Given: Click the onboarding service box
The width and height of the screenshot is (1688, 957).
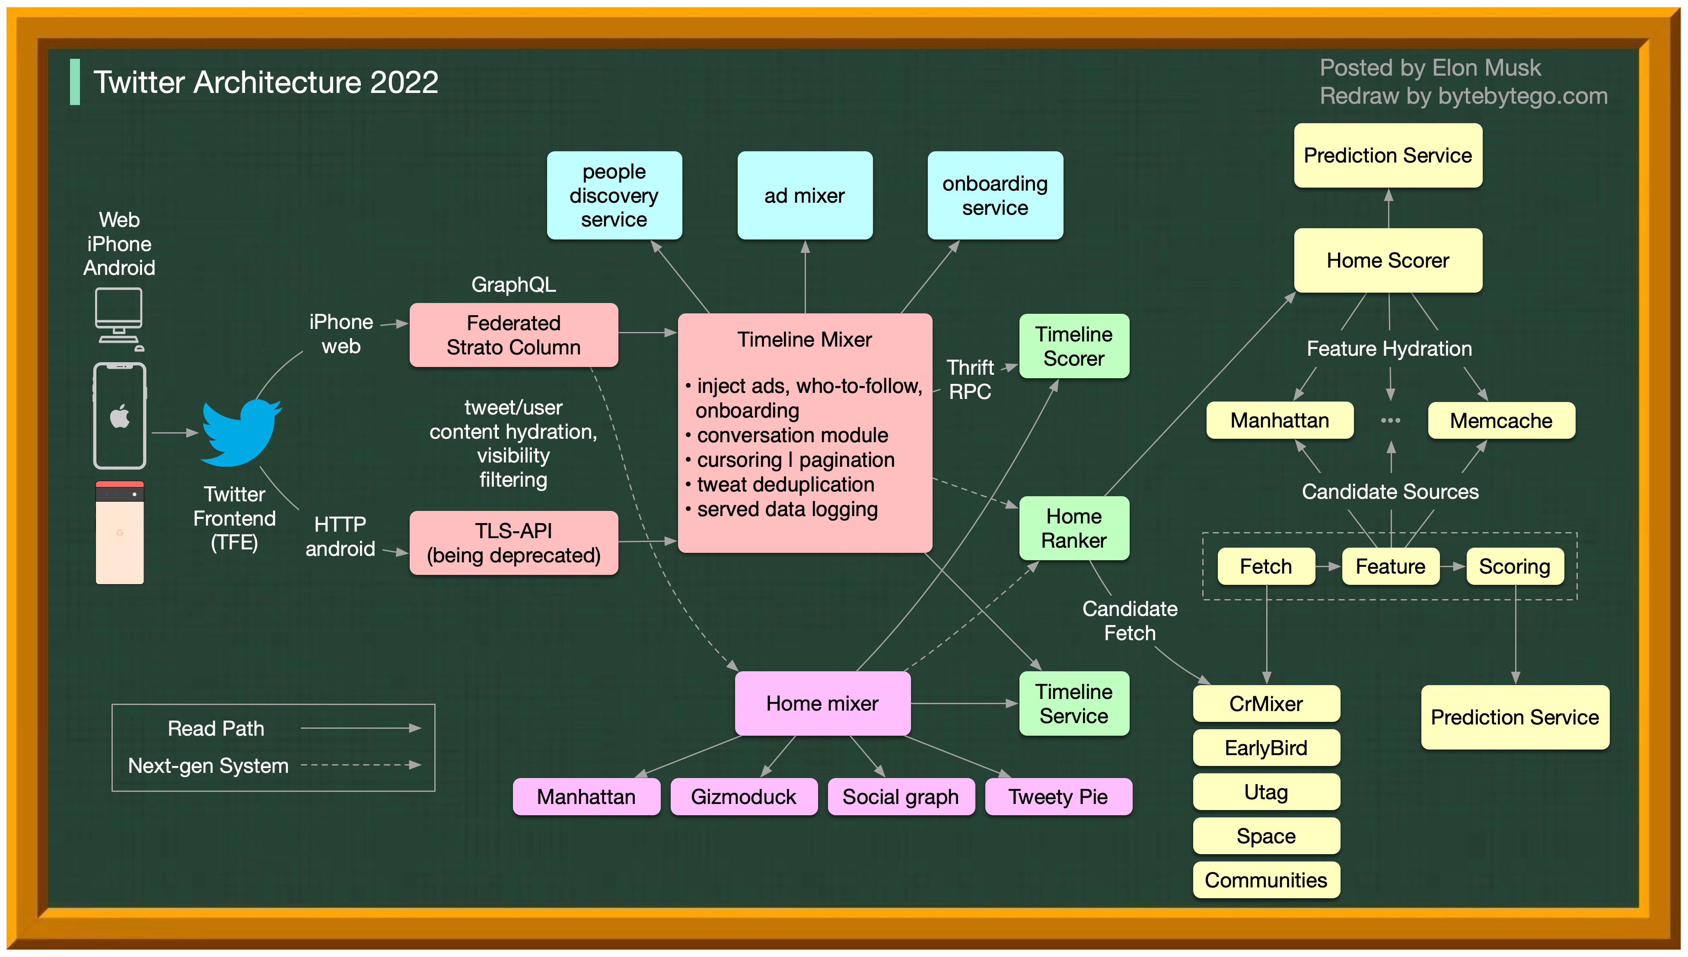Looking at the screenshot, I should click(995, 195).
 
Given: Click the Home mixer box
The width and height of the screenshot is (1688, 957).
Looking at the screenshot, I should click(822, 703).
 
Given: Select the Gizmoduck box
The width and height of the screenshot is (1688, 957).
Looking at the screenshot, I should click(743, 797).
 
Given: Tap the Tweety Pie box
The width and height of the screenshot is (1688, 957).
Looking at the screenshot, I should click(1058, 797).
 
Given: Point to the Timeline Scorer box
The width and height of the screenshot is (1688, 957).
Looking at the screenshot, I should click(1073, 346).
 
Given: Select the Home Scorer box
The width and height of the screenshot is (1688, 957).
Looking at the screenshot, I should click(1388, 260).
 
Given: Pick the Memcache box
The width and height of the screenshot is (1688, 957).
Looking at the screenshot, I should click(1501, 421).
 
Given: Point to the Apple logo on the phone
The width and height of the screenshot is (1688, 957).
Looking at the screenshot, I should click(120, 416).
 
